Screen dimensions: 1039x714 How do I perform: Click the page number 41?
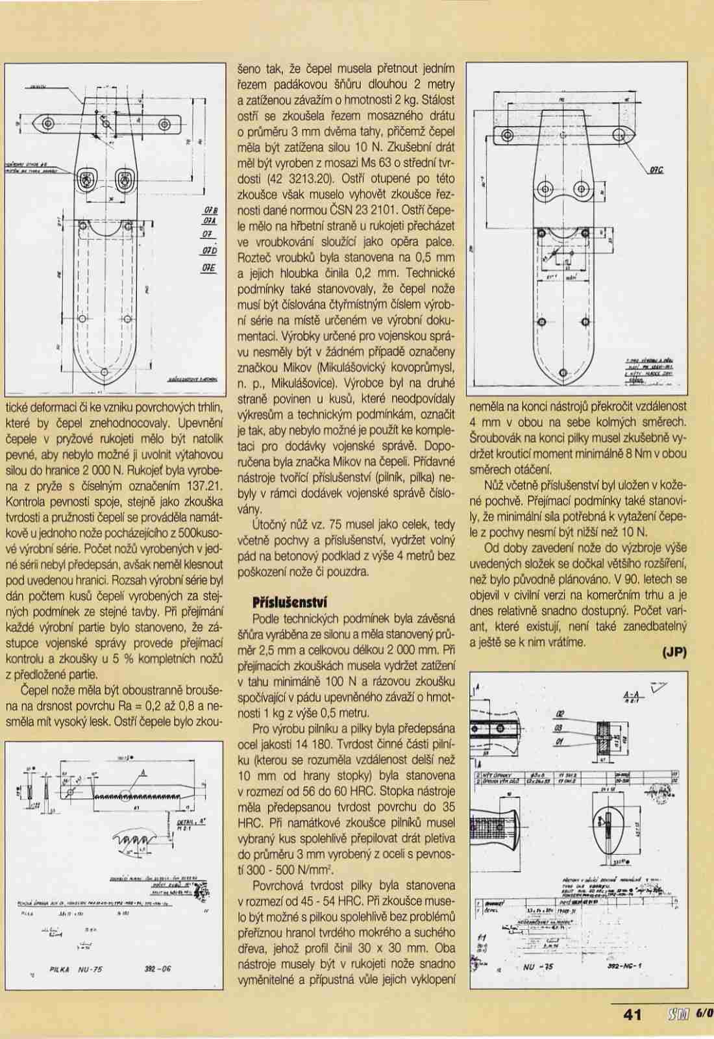[632, 1014]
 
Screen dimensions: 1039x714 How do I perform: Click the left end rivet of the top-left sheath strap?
[47, 123]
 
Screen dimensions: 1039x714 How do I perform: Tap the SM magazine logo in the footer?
[673, 1014]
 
